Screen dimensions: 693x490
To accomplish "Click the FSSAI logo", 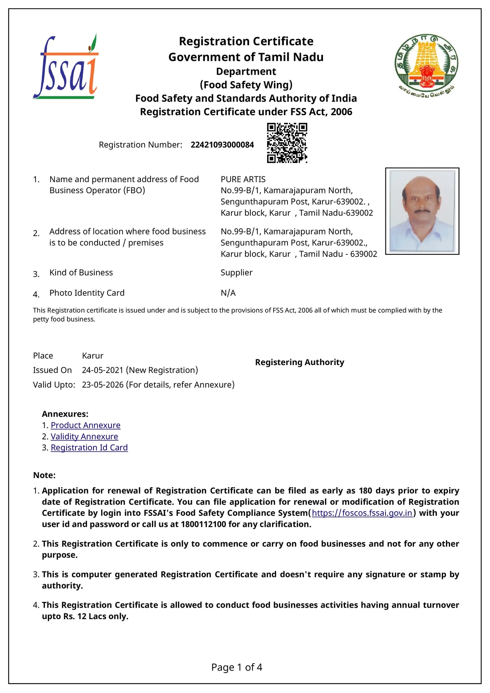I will [66, 67].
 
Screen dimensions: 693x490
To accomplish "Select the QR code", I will [287, 143].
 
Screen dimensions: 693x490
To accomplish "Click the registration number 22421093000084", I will [222, 145].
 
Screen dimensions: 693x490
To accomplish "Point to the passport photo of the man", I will [422, 211].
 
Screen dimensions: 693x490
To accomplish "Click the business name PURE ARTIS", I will [243, 179].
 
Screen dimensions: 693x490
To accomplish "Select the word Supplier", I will [236, 272].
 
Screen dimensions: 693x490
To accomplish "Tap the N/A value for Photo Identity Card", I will [228, 293].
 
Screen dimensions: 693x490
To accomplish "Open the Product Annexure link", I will [85, 425].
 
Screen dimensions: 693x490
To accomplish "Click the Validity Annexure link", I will [84, 437].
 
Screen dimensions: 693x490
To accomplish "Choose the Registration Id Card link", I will [89, 448].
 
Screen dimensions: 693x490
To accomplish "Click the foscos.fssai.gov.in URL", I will [362, 513].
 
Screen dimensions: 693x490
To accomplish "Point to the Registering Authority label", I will [299, 362].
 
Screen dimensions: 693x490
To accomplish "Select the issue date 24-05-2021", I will [102, 370].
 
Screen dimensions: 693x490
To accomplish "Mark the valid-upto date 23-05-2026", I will [102, 385].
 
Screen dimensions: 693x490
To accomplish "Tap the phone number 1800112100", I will [203, 524].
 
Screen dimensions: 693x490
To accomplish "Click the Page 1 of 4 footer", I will [236, 667].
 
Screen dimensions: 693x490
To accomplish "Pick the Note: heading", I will [44, 475].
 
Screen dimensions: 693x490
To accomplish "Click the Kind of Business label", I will [81, 272].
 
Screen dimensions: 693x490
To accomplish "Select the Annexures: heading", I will [65, 414].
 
